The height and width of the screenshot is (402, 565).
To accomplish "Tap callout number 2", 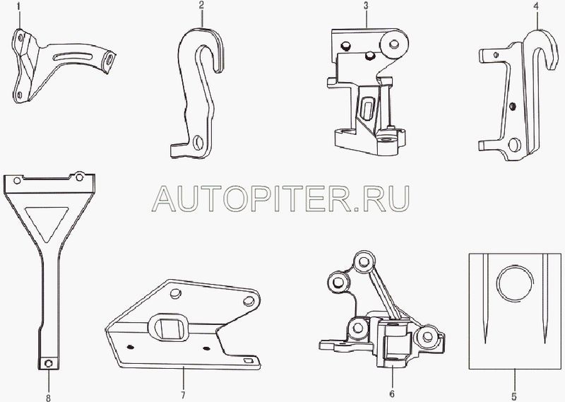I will tap(202, 6).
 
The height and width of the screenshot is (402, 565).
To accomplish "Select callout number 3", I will tap(367, 6).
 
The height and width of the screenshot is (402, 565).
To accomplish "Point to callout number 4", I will tap(539, 6).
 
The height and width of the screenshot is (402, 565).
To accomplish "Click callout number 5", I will tap(514, 394).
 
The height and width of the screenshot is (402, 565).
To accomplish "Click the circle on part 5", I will tap(513, 285).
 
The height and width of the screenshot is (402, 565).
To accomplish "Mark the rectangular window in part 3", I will tap(367, 108).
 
